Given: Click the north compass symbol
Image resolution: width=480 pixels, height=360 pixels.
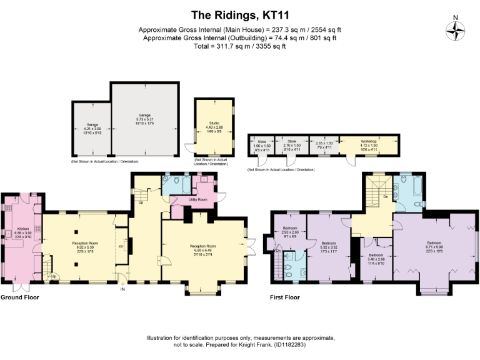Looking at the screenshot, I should click(x=456, y=30).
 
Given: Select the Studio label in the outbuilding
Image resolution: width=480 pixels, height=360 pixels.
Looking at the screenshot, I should click(x=211, y=125).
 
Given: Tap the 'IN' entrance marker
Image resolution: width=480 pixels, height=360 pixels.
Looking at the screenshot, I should click(x=122, y=289).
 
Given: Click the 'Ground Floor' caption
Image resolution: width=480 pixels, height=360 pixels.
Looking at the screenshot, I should click(x=19, y=297).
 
